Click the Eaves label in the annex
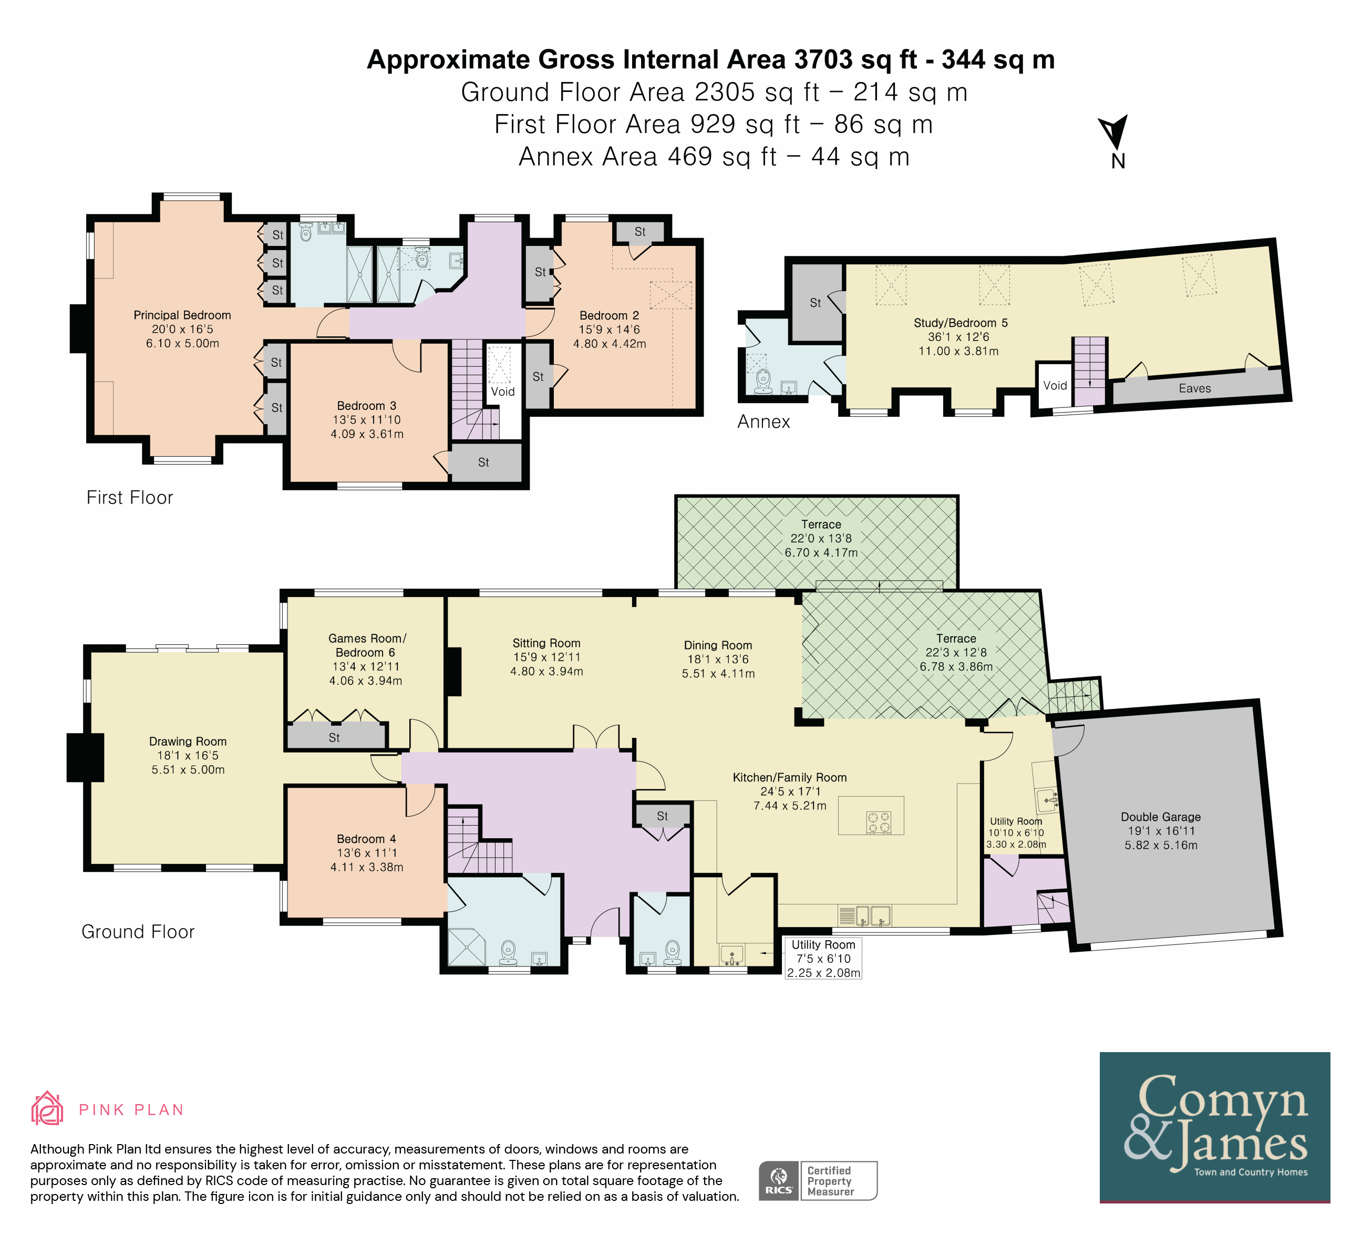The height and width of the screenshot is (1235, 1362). click(x=1194, y=388)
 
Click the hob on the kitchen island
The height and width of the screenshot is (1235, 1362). click(x=879, y=822)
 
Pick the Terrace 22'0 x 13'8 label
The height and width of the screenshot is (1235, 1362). click(x=821, y=538)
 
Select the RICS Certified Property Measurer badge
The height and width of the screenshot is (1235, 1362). click(x=818, y=1180)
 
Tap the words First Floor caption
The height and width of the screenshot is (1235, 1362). click(x=130, y=497)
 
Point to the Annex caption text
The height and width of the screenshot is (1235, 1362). click(x=763, y=421)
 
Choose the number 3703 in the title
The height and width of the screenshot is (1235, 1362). click(x=823, y=59)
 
